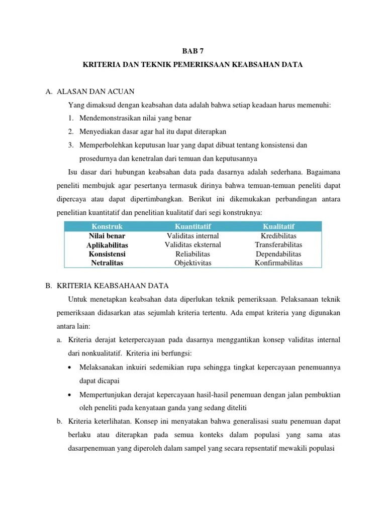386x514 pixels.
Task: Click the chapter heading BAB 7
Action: pos(192,51)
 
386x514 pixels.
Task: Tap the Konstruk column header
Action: pos(107,226)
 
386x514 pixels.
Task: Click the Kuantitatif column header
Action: pos(192,226)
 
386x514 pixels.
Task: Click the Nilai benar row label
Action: pos(107,236)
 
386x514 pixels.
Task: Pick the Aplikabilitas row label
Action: pos(107,245)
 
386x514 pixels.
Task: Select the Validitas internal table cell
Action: pos(192,236)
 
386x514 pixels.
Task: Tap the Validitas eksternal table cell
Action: pos(192,245)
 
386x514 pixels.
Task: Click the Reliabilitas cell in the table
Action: pos(192,254)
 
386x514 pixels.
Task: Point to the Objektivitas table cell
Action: pos(192,263)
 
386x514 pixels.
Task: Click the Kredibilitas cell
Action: pos(278,236)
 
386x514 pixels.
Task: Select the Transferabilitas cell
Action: pos(278,245)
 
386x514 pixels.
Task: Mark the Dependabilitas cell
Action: pos(278,254)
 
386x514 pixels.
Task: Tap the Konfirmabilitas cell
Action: pos(278,263)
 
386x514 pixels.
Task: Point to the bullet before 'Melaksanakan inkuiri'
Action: pos(69,367)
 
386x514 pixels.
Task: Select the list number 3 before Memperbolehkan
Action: pos(72,145)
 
